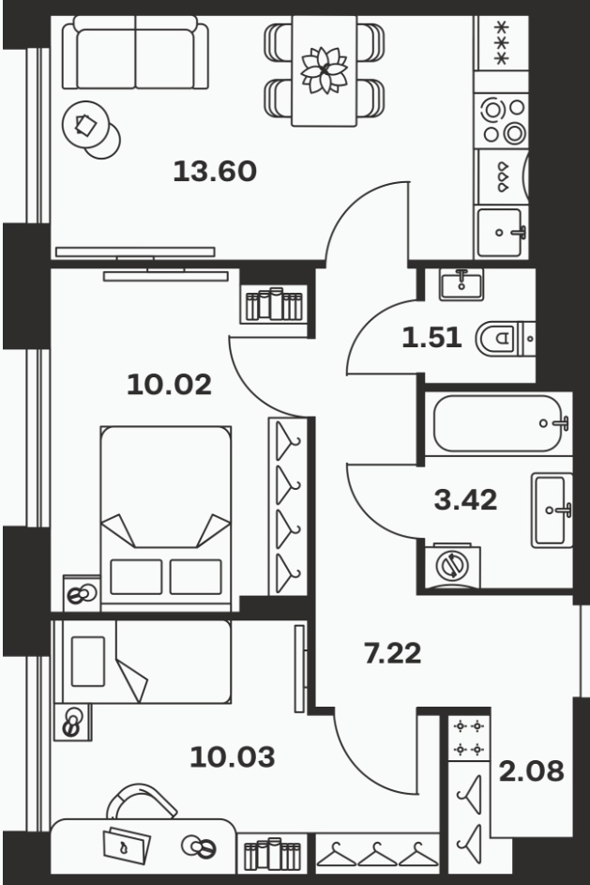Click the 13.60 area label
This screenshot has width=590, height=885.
tap(215, 171)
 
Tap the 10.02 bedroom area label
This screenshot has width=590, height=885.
tap(169, 385)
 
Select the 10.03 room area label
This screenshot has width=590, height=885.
tap(233, 756)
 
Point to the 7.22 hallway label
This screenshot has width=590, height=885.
tap(393, 653)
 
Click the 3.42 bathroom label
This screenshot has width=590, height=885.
tap(466, 499)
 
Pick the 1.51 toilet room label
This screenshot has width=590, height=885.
tap(431, 338)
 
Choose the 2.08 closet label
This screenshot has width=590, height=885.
tap(531, 771)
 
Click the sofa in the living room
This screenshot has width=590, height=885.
tap(135, 53)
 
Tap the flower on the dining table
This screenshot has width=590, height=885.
tap(324, 70)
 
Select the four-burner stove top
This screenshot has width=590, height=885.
tap(502, 120)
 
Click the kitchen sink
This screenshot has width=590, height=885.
tap(500, 232)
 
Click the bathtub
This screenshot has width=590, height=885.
tap(499, 423)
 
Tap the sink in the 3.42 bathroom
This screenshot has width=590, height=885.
tap(552, 511)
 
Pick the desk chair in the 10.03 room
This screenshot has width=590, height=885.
tap(142, 801)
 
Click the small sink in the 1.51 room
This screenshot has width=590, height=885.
tap(461, 284)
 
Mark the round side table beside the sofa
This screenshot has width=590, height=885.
tap(91, 130)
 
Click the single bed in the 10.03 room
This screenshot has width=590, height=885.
tap(143, 662)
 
